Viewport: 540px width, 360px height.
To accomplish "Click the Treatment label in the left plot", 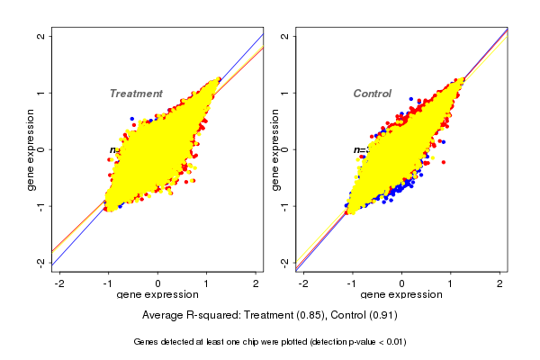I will (136, 94).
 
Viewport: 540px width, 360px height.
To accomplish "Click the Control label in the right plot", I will (373, 94).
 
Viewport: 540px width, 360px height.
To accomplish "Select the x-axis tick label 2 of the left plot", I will (256, 284).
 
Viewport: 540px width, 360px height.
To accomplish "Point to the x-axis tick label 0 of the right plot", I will (402, 284).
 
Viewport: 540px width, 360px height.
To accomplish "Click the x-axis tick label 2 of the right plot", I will (500, 284).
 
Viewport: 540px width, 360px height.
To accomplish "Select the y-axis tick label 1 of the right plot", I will (285, 93).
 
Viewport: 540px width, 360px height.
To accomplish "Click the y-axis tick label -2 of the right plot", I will (285, 262).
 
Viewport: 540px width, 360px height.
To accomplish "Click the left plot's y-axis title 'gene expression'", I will (31, 149).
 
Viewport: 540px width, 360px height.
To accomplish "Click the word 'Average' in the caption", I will (164, 316).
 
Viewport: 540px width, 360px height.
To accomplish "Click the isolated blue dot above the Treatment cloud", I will (131, 119).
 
